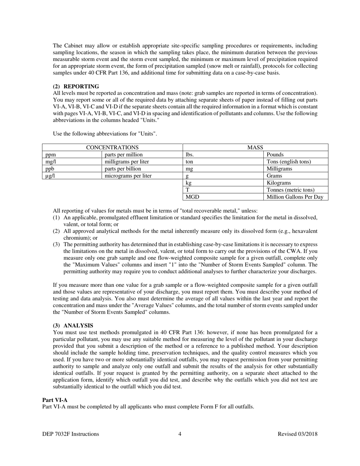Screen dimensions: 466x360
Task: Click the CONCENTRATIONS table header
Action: point(112,147)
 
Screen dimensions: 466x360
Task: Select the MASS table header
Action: point(255,147)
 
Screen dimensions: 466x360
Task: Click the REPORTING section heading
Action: point(76,86)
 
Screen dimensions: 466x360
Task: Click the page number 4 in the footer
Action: point(180,434)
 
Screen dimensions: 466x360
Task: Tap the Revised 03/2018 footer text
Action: point(297,434)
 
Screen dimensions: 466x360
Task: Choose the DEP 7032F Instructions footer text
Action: point(71,434)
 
